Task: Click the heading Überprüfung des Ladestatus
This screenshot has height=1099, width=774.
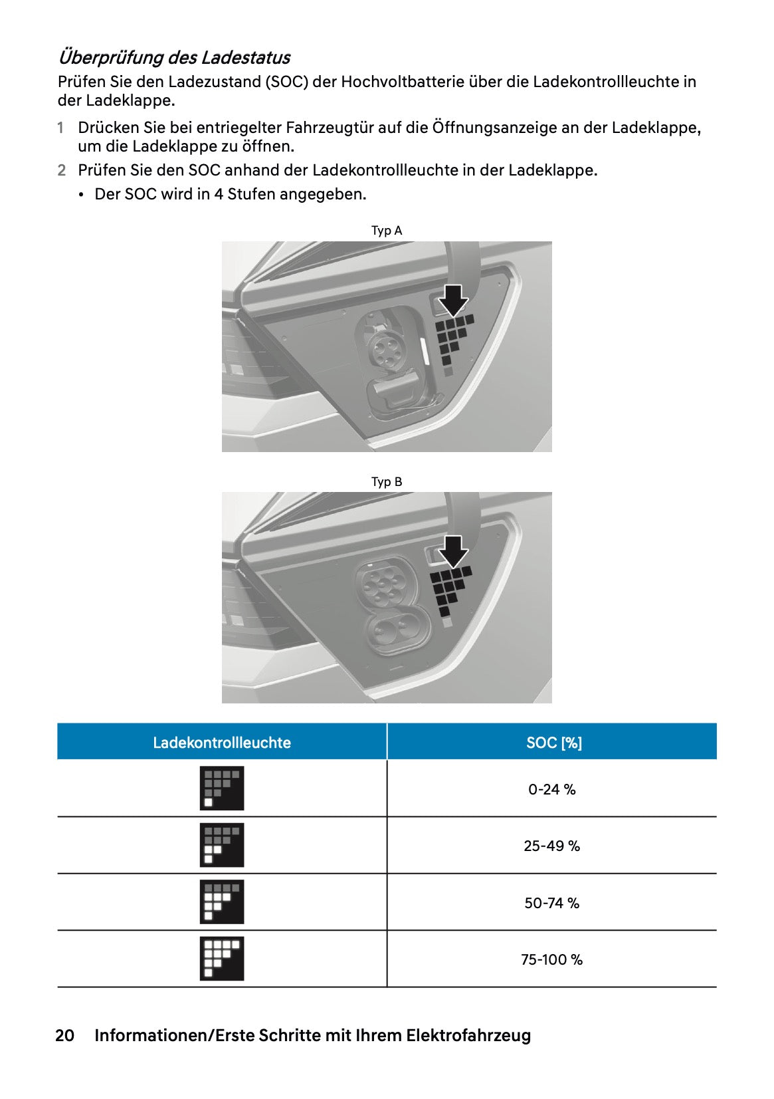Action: pyautogui.click(x=174, y=57)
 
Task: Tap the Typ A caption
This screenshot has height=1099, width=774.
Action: pyautogui.click(x=387, y=231)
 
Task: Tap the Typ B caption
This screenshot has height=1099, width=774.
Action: pyautogui.click(x=387, y=482)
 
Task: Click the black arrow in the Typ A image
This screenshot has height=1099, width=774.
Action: pyautogui.click(x=454, y=300)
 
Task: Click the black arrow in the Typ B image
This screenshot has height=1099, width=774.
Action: pyautogui.click(x=454, y=551)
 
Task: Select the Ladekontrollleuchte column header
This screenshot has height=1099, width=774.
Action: pyautogui.click(x=222, y=743)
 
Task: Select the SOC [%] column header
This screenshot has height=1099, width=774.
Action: pyautogui.click(x=553, y=743)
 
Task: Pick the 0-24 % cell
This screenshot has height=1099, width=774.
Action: pyautogui.click(x=552, y=790)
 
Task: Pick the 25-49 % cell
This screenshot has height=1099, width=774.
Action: pyautogui.click(x=552, y=846)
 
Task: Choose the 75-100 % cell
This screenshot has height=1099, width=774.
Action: pyautogui.click(x=552, y=960)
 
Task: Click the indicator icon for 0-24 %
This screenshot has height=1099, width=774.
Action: pyautogui.click(x=222, y=789)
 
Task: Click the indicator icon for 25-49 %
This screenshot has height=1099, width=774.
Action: pyautogui.click(x=222, y=845)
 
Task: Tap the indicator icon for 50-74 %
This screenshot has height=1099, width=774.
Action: pyautogui.click(x=222, y=902)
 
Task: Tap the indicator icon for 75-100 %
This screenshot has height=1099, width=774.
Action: pyautogui.click(x=222, y=959)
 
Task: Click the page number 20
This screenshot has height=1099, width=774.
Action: pyautogui.click(x=64, y=1036)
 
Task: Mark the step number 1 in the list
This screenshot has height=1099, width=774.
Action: pyautogui.click(x=60, y=128)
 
